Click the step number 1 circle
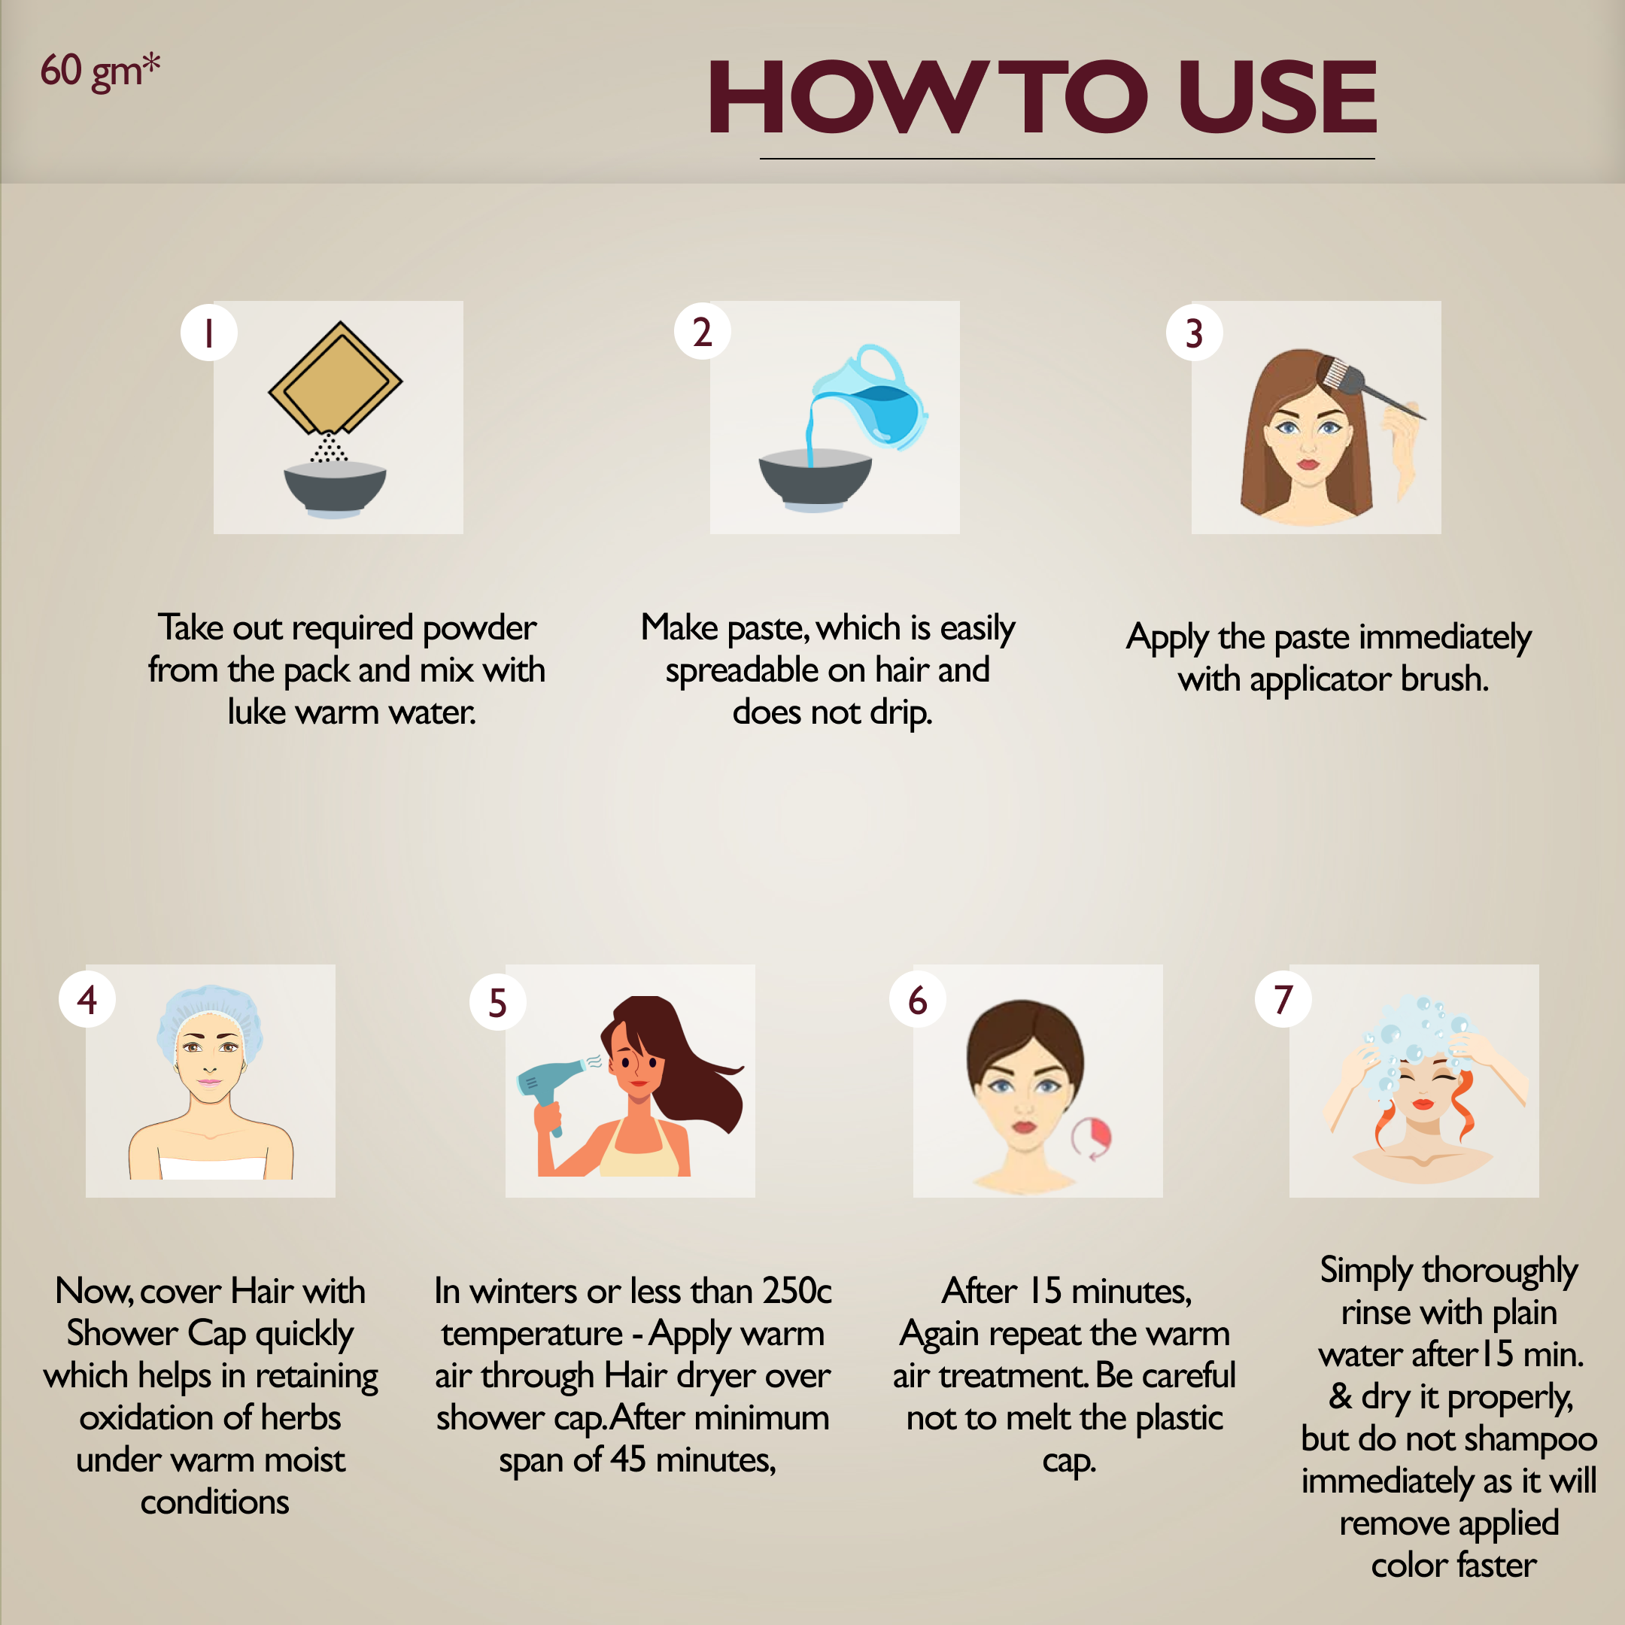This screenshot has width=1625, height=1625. point(208,333)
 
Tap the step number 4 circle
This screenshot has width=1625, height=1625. point(87,999)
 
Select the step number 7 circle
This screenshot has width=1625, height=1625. point(1283,998)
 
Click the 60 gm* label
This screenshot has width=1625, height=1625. point(100,71)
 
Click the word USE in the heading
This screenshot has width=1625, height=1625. point(1277,98)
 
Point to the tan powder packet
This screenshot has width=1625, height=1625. point(335,377)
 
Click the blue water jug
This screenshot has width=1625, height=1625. point(870,396)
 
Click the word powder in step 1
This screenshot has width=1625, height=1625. point(478,628)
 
